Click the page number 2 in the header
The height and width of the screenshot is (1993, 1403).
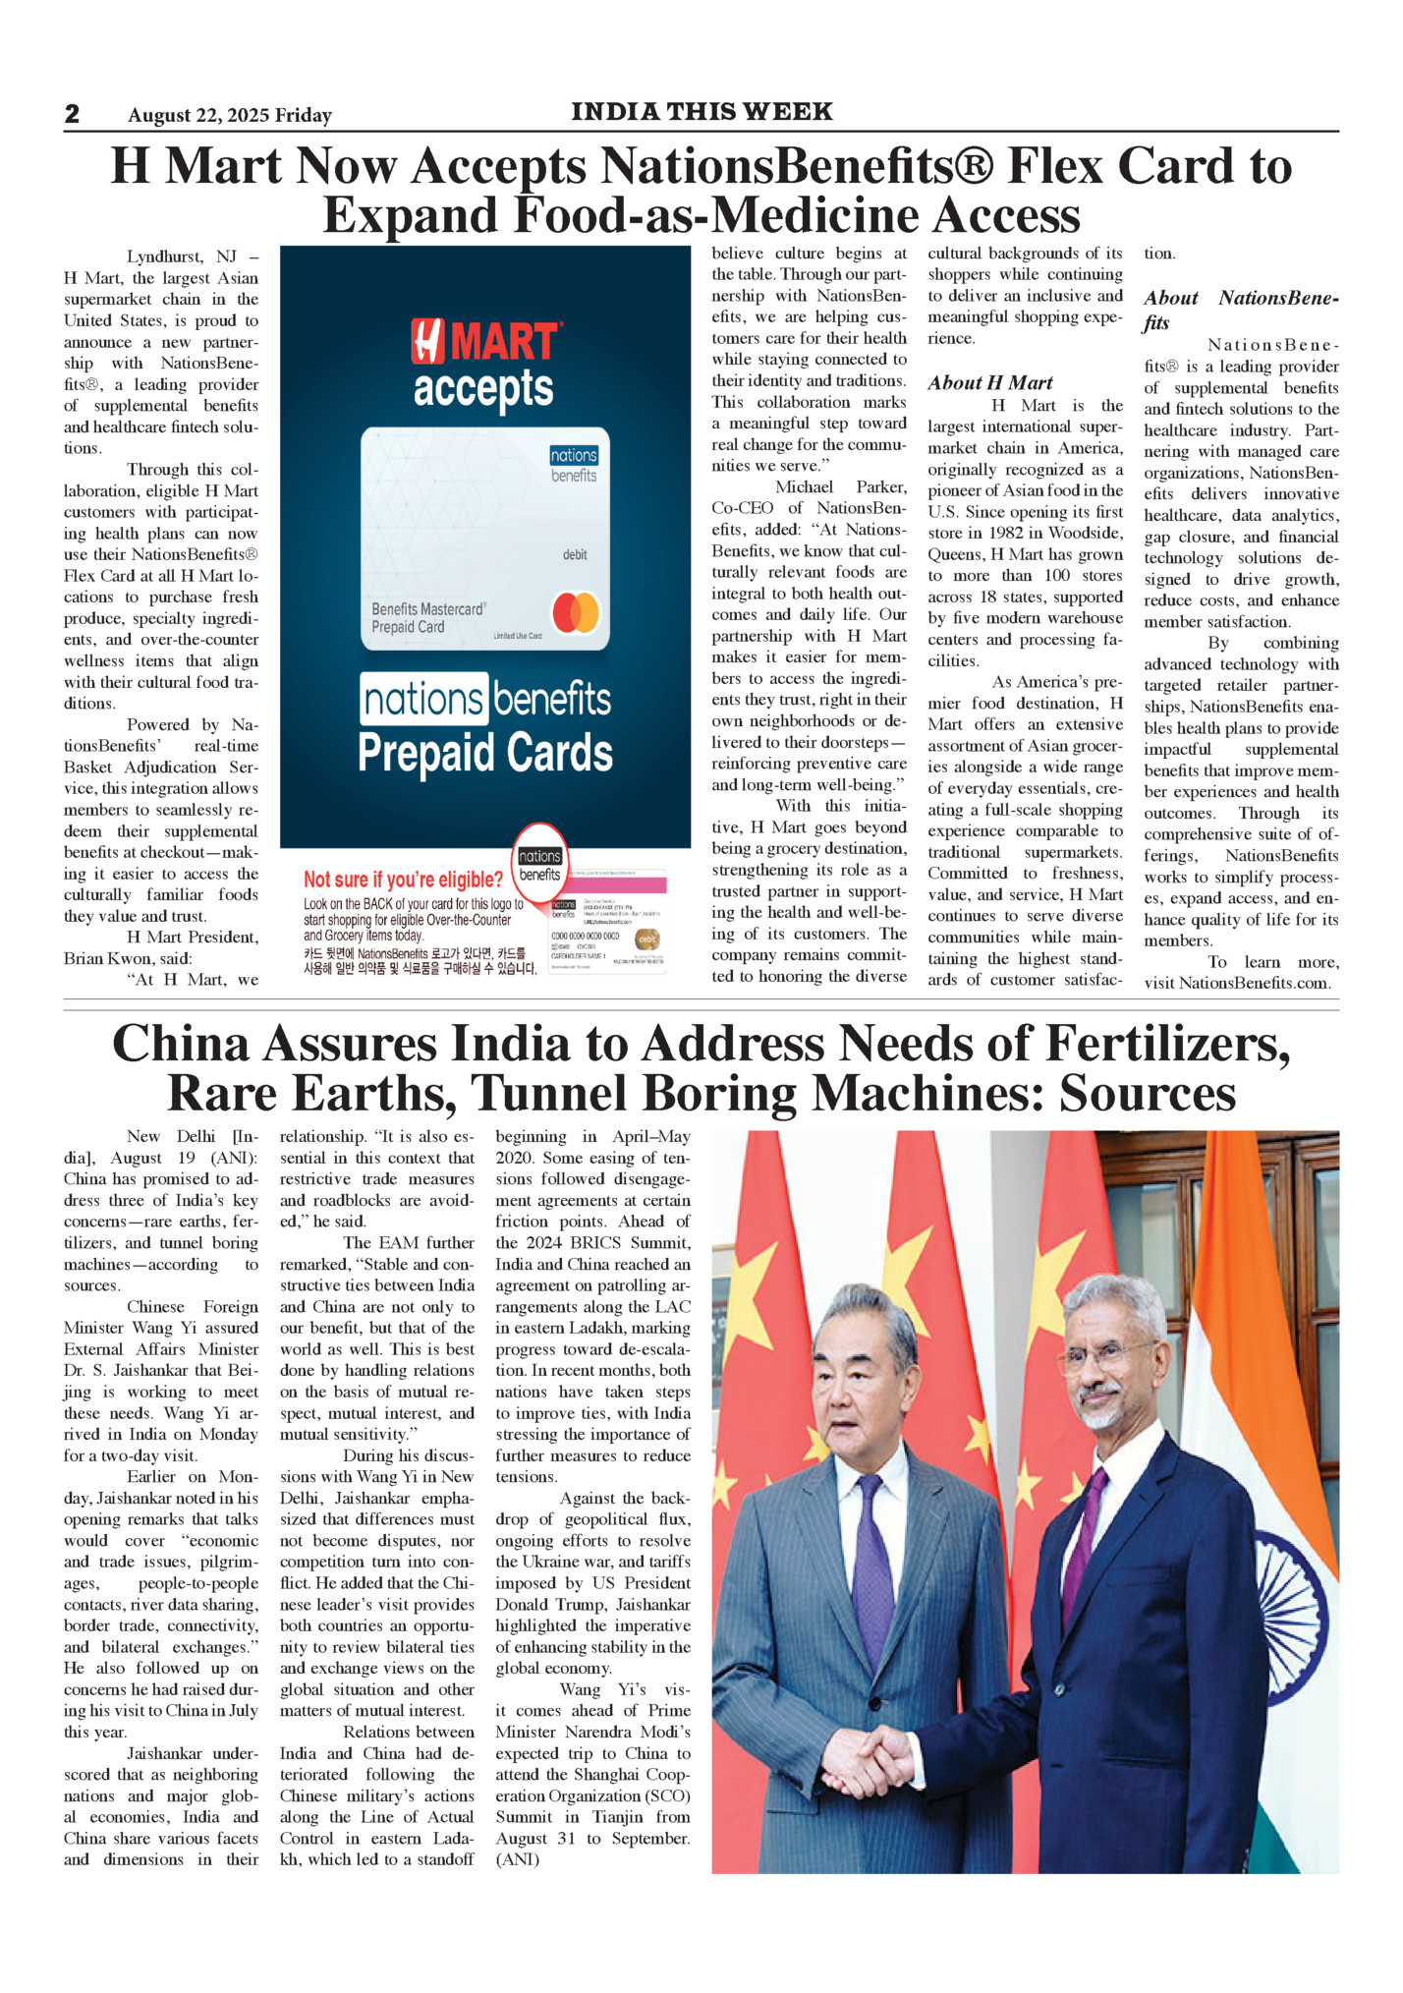click(x=72, y=114)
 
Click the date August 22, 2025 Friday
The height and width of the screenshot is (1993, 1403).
click(x=230, y=116)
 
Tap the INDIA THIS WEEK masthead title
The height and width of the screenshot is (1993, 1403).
click(x=701, y=112)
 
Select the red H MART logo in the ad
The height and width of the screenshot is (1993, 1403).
click(x=486, y=341)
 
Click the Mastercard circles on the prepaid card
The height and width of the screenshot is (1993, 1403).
click(x=576, y=612)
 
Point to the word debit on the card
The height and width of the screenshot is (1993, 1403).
click(x=575, y=555)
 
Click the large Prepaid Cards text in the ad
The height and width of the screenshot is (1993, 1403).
click(x=485, y=754)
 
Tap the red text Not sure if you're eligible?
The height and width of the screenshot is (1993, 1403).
click(x=403, y=880)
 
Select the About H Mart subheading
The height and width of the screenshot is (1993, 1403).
click(x=990, y=383)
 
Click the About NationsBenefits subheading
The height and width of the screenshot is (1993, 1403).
click(x=1241, y=310)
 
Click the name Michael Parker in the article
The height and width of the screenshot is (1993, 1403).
click(x=841, y=487)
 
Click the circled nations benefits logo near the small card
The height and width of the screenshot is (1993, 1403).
click(x=540, y=865)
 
